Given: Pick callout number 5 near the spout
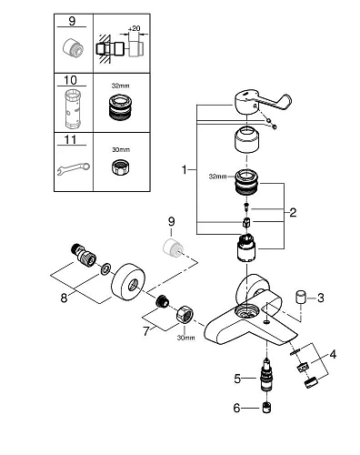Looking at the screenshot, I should pos(237,376).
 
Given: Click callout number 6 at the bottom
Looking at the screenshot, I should pos(237,409).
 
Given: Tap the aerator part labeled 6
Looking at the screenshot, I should pos(266,409).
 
